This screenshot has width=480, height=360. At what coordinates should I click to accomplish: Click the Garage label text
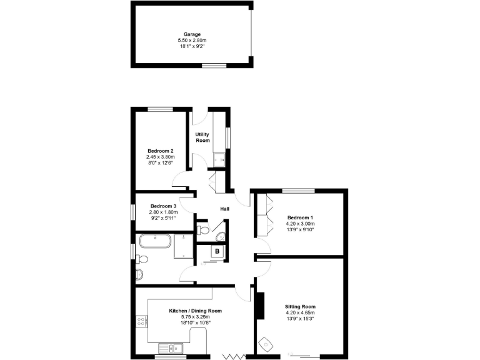[191, 34]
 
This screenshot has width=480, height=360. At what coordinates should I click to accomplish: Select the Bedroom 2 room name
[161, 151]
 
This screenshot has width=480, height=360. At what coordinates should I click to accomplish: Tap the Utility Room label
[202, 137]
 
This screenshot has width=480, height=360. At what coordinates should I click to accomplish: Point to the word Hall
[225, 209]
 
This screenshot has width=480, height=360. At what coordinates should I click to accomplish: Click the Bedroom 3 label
[163, 206]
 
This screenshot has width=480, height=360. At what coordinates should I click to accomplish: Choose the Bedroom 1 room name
[300, 217]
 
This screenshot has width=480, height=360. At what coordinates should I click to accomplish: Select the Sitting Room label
[300, 307]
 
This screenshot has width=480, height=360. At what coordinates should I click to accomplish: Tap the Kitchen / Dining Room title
[196, 311]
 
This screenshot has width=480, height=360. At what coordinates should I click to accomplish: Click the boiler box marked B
[217, 252]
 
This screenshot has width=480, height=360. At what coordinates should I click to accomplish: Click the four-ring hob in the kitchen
[141, 322]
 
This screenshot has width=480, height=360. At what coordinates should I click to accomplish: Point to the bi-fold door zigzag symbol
[234, 356]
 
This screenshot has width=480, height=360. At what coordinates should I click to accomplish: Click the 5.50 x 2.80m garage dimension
[191, 41]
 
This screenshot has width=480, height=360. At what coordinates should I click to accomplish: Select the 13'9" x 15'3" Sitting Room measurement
[300, 319]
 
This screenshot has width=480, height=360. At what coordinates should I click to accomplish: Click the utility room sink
[219, 160]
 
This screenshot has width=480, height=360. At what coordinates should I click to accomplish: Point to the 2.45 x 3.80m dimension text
[161, 157]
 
